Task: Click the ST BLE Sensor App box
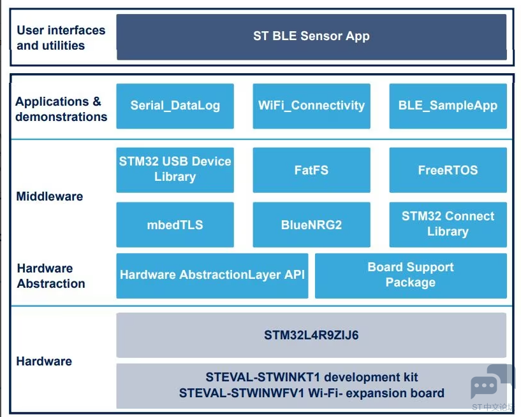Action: click(311, 36)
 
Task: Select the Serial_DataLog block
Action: click(175, 106)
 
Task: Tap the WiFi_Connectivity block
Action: click(311, 106)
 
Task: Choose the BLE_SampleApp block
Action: click(448, 106)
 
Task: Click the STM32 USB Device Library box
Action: click(175, 169)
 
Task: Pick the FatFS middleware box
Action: click(311, 170)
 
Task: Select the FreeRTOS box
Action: click(448, 170)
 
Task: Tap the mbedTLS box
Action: click(175, 225)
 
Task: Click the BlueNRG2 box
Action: click(311, 225)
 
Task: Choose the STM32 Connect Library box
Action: click(448, 224)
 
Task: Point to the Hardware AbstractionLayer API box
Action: click(212, 275)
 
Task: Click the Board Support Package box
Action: click(411, 275)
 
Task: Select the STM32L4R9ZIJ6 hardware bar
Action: click(311, 335)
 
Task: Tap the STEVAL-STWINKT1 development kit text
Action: click(311, 378)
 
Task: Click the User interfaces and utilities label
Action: click(61, 38)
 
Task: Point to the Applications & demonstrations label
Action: click(61, 109)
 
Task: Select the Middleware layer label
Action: click(49, 197)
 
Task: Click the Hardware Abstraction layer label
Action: click(51, 276)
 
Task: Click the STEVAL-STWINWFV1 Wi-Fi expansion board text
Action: click(311, 393)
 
